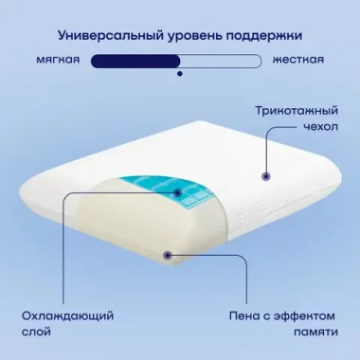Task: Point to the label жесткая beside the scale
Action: (x=298, y=61)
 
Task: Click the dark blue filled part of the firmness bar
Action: (x=137, y=62)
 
